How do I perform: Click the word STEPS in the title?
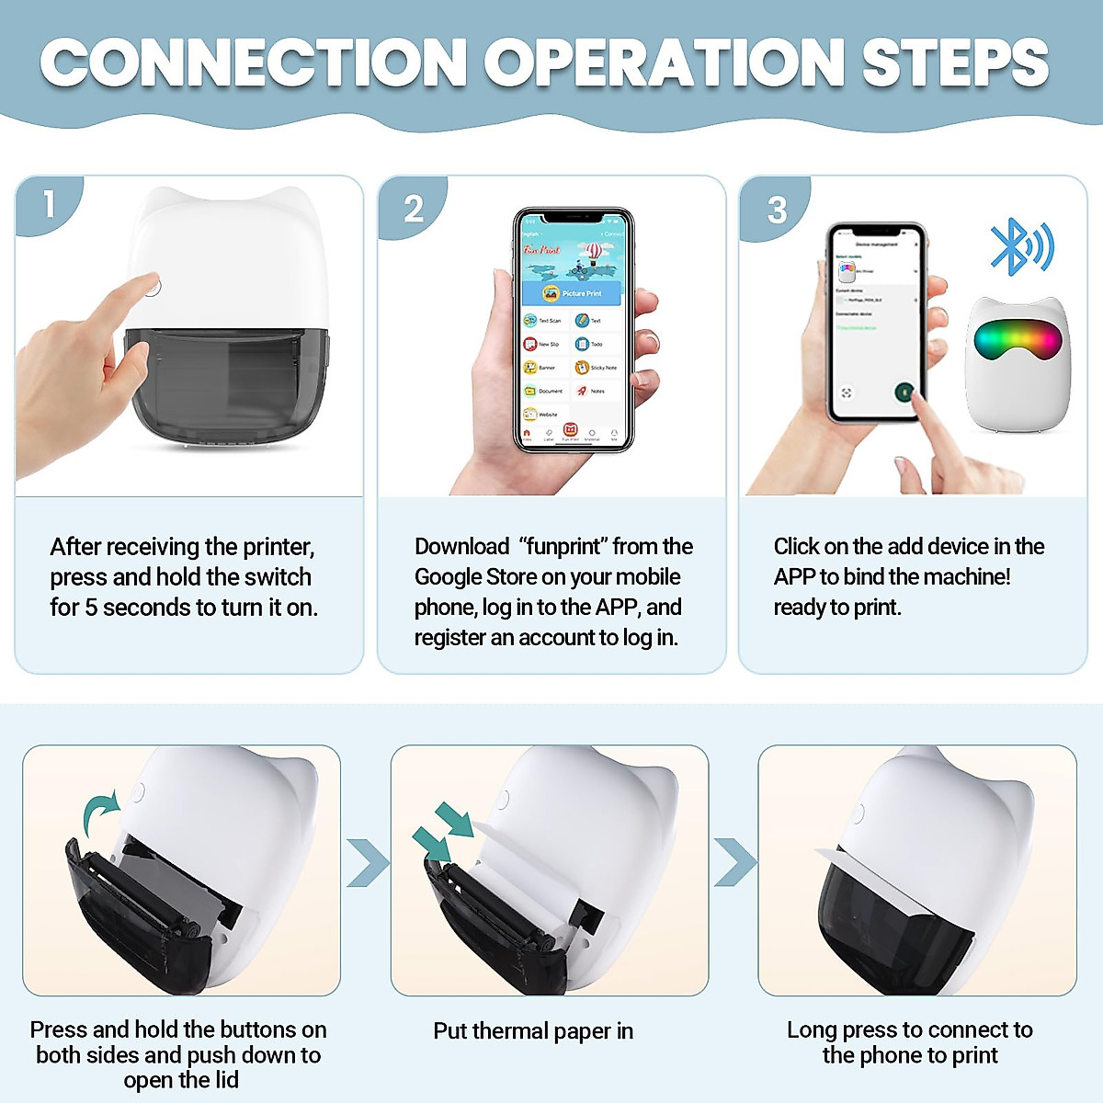coord(956,63)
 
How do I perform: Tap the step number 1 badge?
coord(48,204)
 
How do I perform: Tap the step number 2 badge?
coord(414,209)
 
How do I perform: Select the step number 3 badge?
coord(777,210)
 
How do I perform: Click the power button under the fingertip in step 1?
coord(153,287)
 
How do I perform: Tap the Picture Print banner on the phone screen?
coord(573,293)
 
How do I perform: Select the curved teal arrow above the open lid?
coord(99,813)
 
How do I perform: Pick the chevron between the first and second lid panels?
coord(367,863)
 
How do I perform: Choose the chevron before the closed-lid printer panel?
coord(734,863)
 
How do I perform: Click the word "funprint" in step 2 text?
coord(562,547)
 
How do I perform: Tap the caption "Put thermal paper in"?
coord(533,1031)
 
